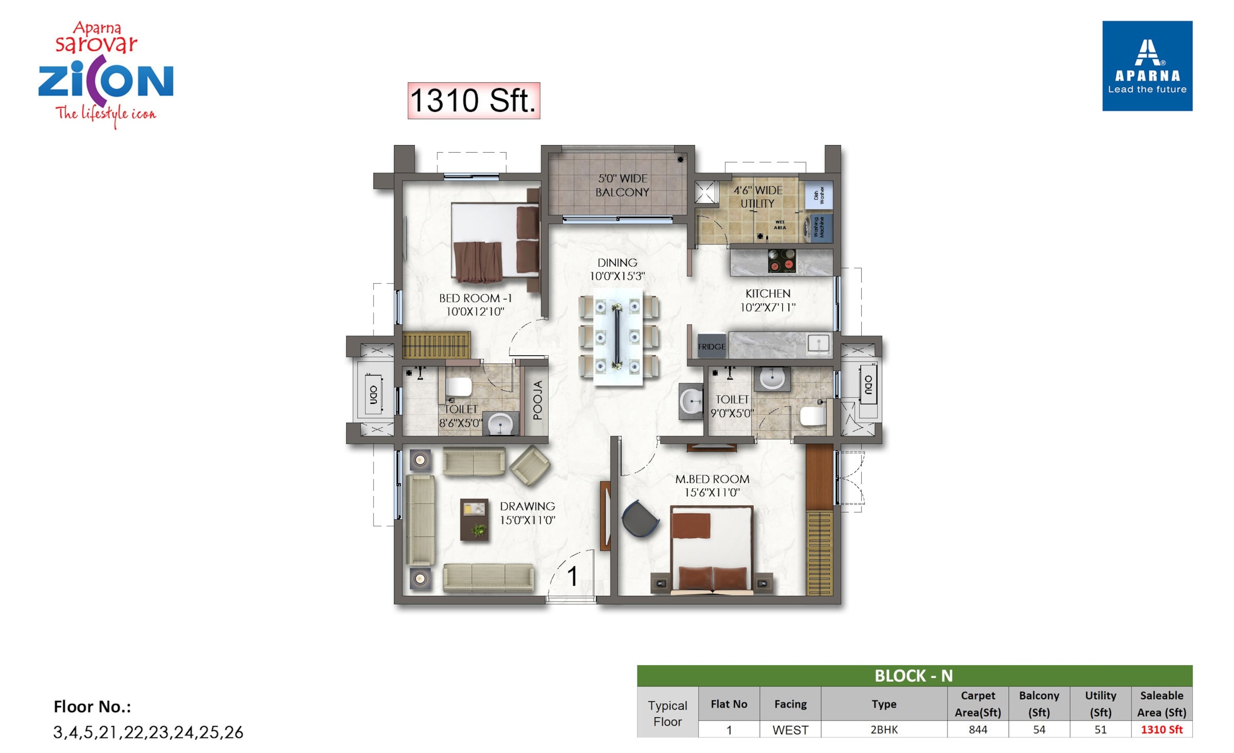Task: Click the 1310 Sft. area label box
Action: pos(474,101)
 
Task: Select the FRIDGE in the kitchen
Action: pos(712,346)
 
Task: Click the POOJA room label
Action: pos(537,400)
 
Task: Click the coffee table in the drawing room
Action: pos(474,520)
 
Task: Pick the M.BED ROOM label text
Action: pos(712,479)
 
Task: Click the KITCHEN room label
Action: pos(768,293)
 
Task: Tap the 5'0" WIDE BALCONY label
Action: pos(622,185)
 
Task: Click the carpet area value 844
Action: pos(978,730)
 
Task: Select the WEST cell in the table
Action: pos(790,730)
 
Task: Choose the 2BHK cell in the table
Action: pos(884,730)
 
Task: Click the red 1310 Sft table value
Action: pos(1161,730)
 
